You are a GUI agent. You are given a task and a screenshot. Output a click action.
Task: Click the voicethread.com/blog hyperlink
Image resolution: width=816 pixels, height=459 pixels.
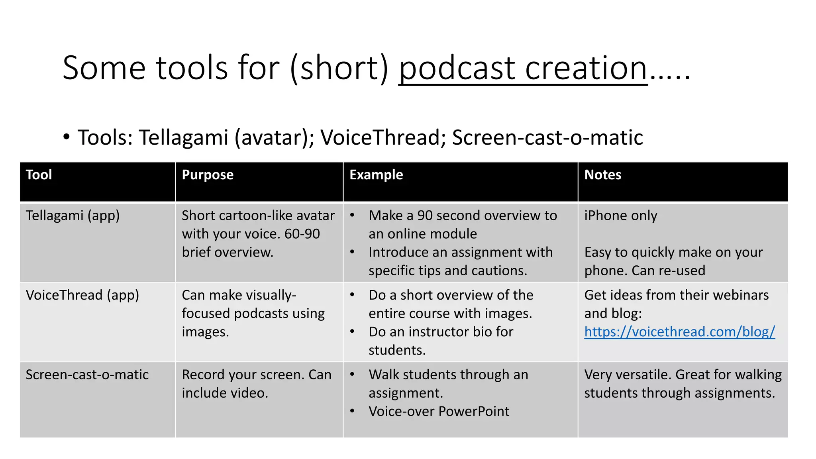679,332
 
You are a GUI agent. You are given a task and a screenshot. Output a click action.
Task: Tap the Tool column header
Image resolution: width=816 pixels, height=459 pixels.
39,175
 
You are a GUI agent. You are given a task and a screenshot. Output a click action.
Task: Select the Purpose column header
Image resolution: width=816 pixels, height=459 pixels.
208,175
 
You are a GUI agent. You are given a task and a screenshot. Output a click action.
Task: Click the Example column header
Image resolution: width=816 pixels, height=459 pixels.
376,175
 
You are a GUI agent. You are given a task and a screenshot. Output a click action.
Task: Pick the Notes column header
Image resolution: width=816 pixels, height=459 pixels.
602,175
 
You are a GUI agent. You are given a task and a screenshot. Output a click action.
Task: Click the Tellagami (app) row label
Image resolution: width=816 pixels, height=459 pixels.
73,216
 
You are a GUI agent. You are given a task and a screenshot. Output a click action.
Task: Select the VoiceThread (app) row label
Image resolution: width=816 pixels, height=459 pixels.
82,295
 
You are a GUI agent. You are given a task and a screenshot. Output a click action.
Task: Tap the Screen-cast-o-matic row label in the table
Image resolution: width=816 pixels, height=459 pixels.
87,375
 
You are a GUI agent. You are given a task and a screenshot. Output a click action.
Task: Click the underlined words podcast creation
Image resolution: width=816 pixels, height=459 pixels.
523,69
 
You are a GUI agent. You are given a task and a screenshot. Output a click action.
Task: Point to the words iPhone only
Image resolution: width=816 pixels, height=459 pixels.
620,216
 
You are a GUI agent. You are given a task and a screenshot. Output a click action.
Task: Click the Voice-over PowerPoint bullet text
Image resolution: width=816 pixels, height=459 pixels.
439,412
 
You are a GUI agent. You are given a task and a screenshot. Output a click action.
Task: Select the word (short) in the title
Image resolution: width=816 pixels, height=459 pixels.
339,69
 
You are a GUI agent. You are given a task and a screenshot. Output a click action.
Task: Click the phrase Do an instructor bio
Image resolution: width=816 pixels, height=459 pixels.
440,332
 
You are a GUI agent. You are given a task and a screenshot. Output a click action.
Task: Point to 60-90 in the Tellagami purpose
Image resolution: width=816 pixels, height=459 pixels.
302,234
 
